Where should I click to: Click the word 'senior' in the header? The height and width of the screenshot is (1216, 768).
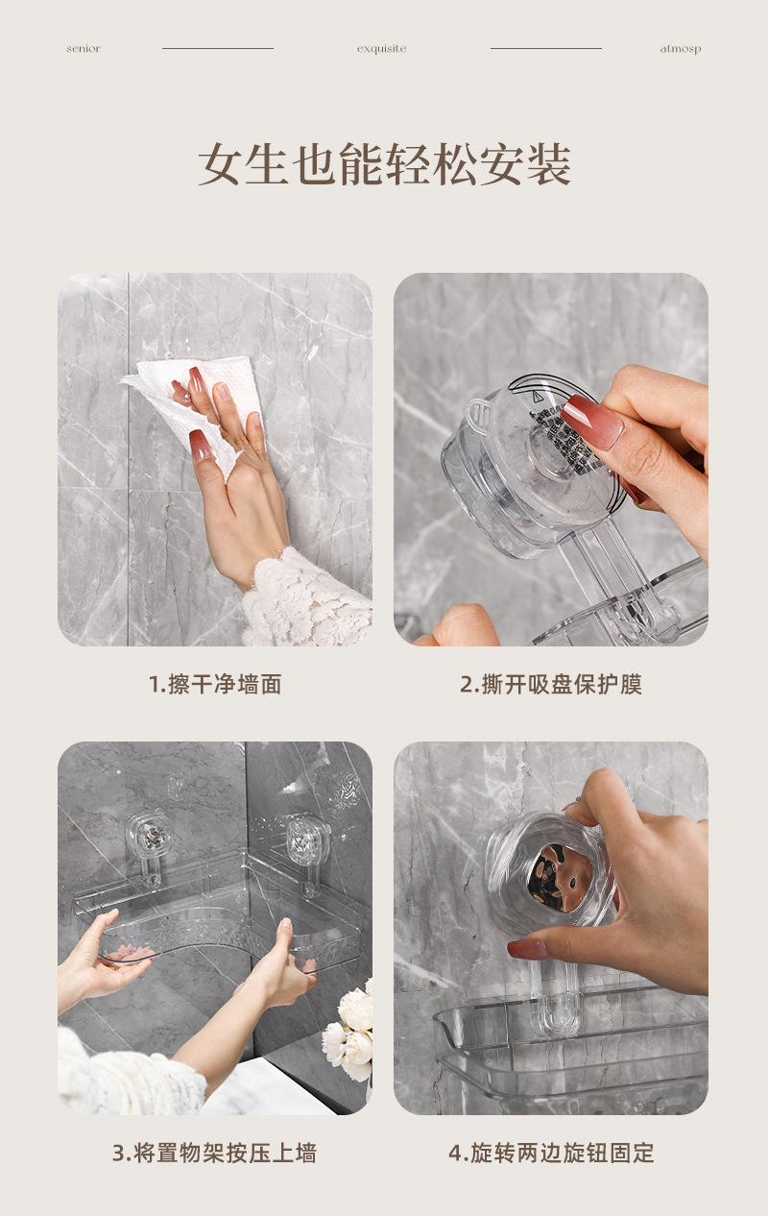coord(84,49)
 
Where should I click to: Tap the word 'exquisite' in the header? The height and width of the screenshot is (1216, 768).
coord(381,49)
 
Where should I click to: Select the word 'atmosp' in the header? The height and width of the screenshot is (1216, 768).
coord(681,49)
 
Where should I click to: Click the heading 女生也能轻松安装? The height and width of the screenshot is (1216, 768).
coord(384,164)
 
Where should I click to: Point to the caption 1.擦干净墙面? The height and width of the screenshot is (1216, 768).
coord(215,684)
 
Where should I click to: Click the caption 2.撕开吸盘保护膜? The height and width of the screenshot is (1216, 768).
coord(551,684)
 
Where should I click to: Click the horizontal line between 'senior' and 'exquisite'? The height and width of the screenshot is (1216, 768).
coord(218,48)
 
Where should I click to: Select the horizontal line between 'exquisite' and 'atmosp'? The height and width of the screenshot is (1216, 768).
coord(546,48)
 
